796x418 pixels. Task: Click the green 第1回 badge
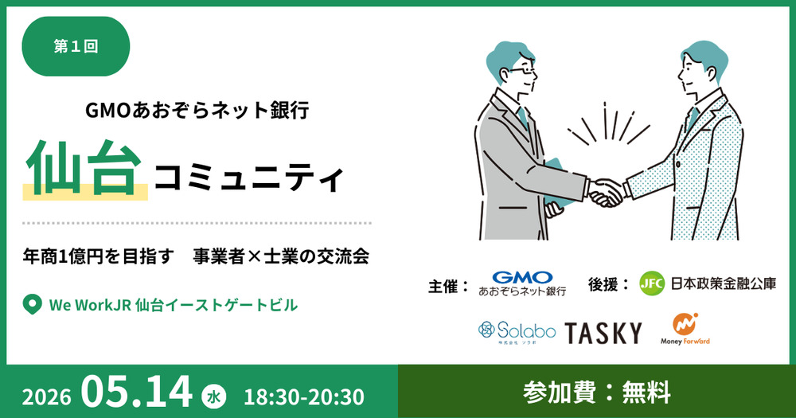[x=76, y=46]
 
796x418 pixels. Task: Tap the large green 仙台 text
[x=84, y=168]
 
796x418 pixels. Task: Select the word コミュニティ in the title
[x=249, y=178]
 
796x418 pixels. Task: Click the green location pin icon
[x=32, y=305]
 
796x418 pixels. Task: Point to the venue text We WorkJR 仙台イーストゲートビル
[x=173, y=305]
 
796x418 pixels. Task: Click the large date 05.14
[x=137, y=392]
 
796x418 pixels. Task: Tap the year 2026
[x=46, y=397]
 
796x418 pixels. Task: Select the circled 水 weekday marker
[x=213, y=397]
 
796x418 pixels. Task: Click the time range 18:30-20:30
[x=304, y=397]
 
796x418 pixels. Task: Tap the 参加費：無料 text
[x=597, y=392]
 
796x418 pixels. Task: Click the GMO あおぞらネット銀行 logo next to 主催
[x=522, y=283]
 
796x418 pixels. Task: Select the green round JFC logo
[x=652, y=283]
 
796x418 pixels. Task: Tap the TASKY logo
[x=603, y=333]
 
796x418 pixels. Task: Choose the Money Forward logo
[x=685, y=329]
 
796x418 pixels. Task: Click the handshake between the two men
[x=607, y=192]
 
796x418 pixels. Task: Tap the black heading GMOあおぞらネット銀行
[x=197, y=110]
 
